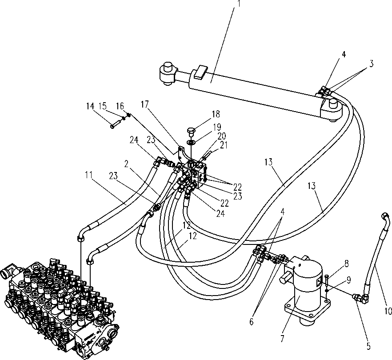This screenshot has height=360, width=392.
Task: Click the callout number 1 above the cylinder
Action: [239, 3]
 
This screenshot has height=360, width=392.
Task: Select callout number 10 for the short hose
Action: [388, 311]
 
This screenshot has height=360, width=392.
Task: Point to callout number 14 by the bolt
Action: [90, 106]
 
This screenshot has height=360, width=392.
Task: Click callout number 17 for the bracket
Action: [144, 104]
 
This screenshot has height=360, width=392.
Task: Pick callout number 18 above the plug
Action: [216, 114]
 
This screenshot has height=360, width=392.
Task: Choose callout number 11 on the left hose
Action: [88, 175]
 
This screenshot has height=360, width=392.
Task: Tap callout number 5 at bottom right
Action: [368, 347]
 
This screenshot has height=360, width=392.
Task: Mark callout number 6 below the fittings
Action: [251, 321]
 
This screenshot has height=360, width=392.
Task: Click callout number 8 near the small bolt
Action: [346, 264]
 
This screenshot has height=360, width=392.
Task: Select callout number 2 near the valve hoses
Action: [126, 164]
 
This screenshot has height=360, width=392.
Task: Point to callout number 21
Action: [224, 145]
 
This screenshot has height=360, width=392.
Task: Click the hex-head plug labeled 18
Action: [191, 132]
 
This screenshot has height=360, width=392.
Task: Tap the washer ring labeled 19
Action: [191, 143]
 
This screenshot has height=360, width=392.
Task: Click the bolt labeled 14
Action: [115, 125]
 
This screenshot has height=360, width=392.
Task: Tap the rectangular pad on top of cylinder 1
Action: [201, 72]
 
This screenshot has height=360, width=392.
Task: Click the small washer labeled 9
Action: [327, 290]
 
